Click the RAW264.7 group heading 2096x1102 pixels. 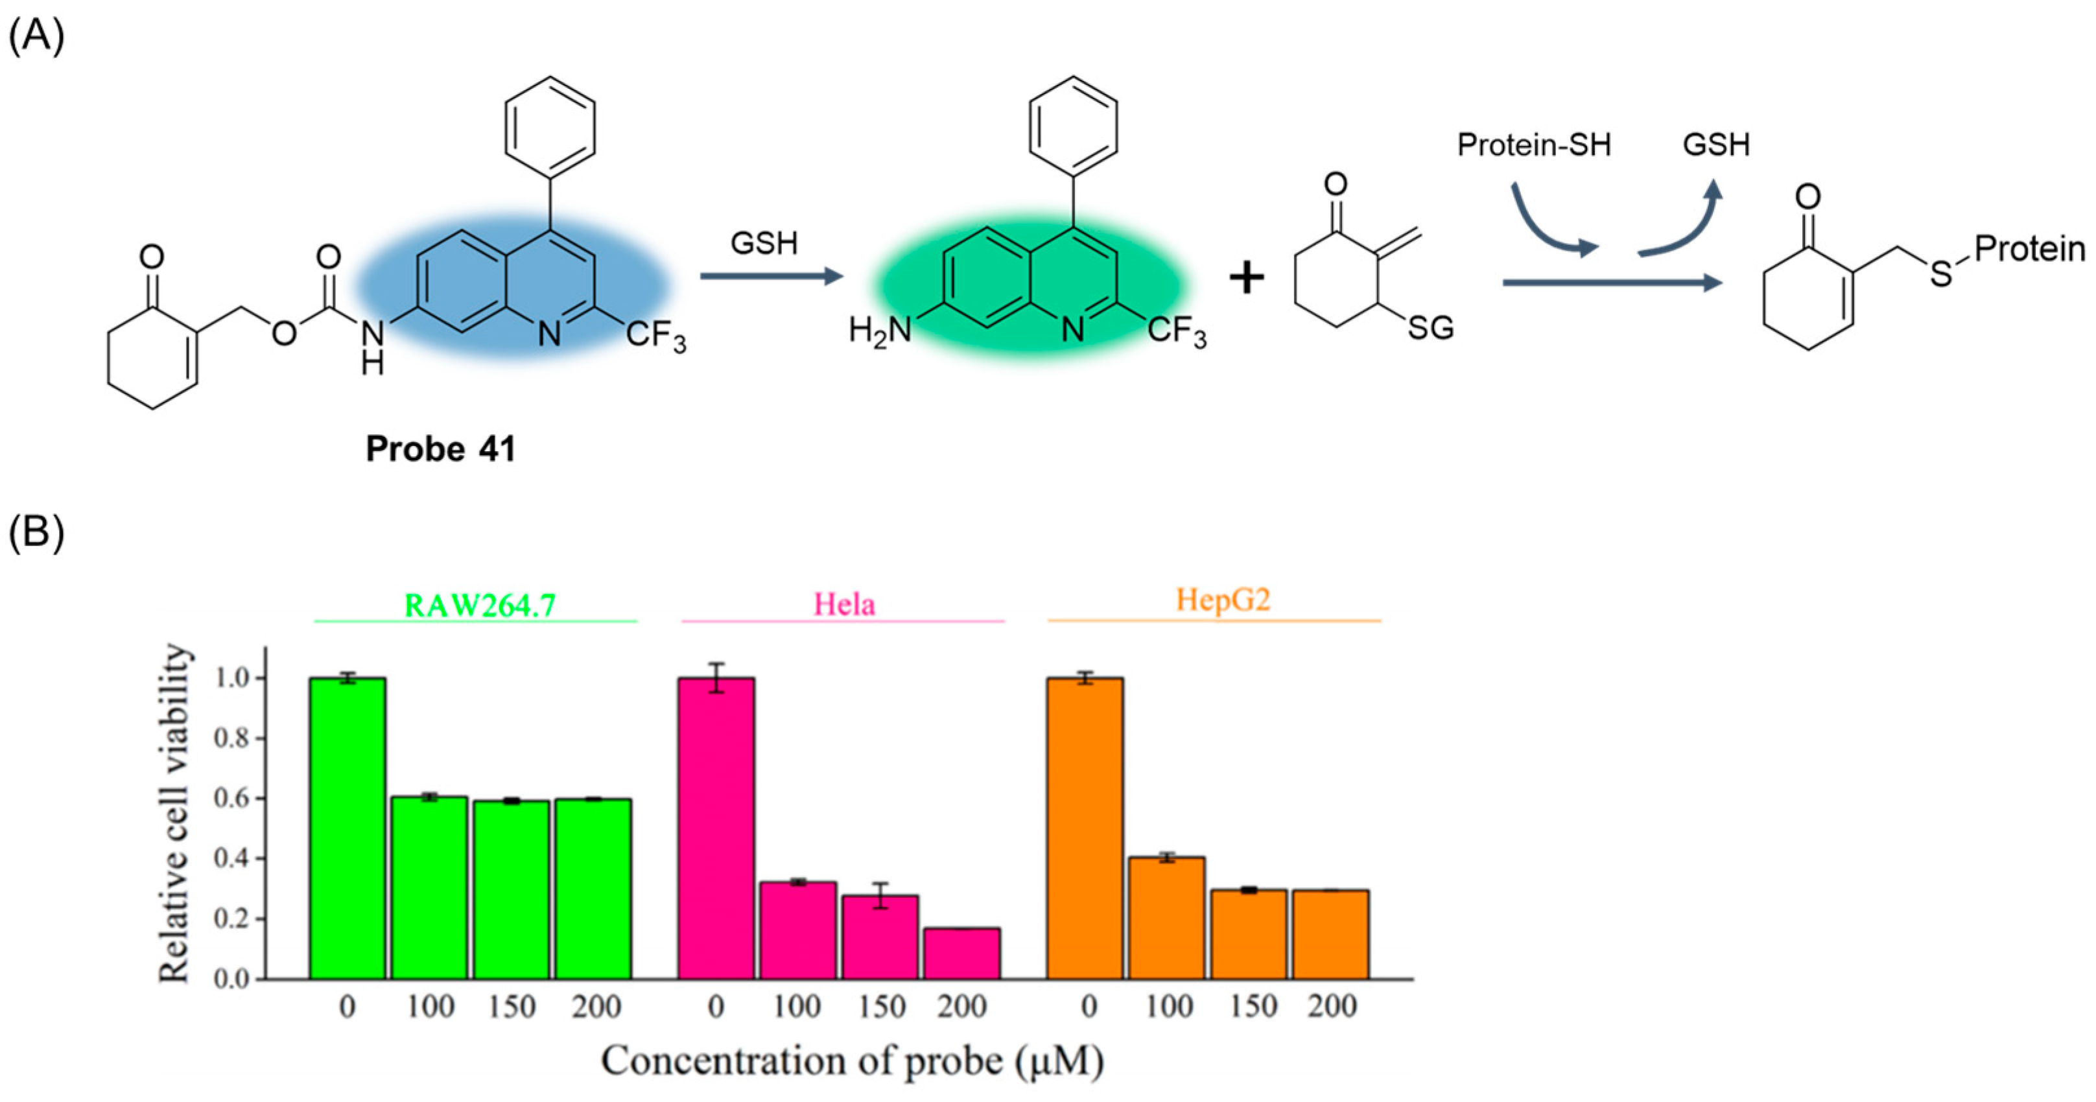click(x=479, y=606)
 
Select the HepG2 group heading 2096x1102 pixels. click(x=1222, y=601)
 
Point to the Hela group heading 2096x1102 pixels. click(x=845, y=605)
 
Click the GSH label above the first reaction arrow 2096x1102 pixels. click(x=763, y=243)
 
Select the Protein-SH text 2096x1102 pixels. click(x=1533, y=145)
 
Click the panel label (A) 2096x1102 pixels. click(x=36, y=36)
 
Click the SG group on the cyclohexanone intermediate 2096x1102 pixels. click(x=1430, y=329)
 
